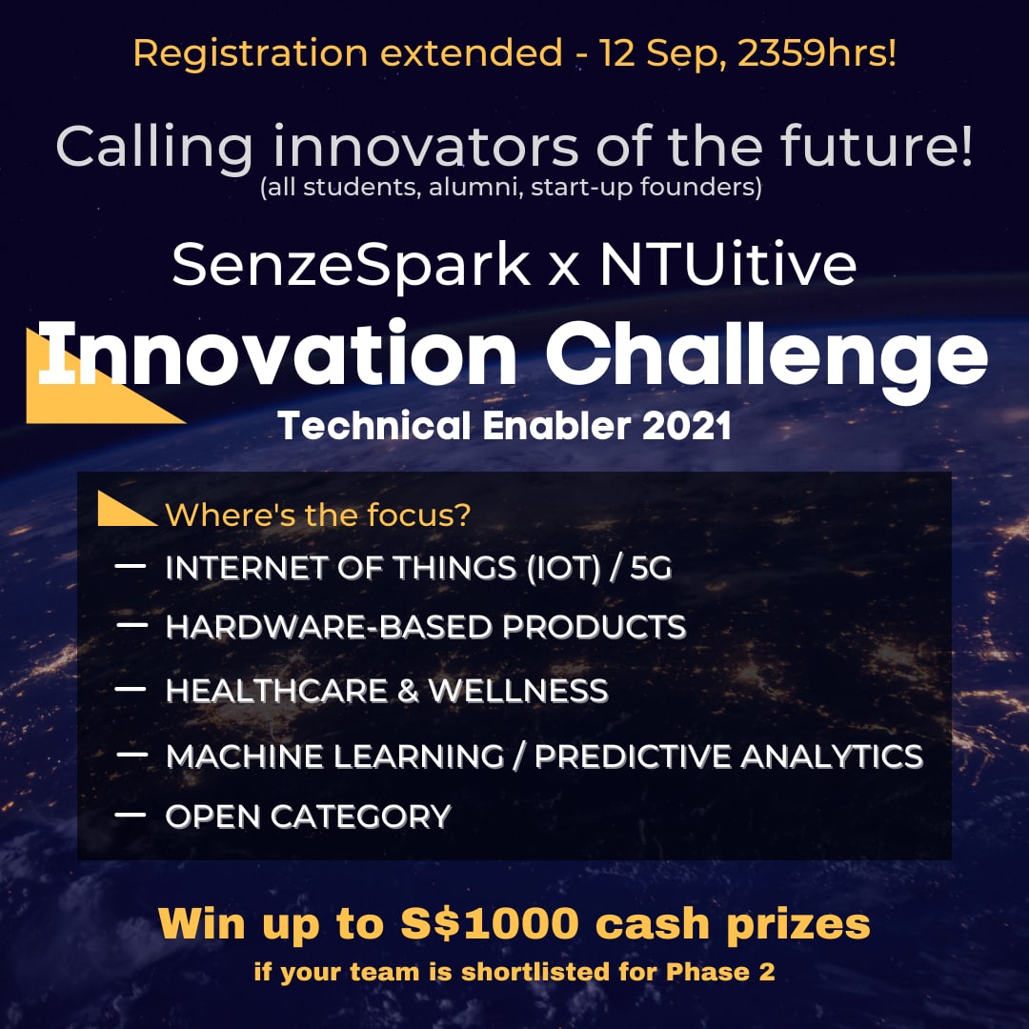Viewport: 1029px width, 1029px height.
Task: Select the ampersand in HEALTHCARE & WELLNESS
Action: point(408,691)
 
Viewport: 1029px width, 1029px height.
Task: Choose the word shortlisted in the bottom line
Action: point(539,974)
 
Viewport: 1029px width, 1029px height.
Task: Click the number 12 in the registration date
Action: point(618,53)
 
